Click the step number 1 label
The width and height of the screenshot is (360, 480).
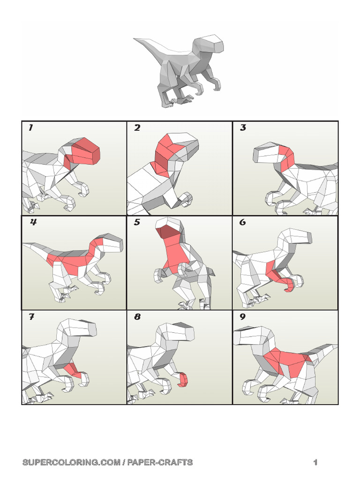(30, 128)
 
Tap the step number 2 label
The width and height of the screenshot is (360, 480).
(137, 128)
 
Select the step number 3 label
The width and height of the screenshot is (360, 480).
(243, 128)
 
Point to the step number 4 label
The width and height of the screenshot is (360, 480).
(33, 223)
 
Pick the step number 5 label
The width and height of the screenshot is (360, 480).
(137, 223)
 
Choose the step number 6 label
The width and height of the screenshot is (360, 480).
(243, 223)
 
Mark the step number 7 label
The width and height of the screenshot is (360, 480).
(31, 317)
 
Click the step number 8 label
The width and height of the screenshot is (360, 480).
(137, 317)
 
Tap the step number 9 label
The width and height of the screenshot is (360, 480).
(243, 317)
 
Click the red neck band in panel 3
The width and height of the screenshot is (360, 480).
(286, 157)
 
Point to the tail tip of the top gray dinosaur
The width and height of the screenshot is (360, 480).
(136, 40)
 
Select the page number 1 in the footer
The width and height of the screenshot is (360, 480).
(315, 463)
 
